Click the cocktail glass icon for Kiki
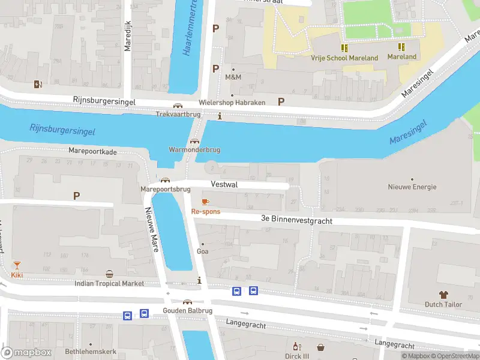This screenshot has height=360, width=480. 17,265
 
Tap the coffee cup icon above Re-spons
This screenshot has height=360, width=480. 205,202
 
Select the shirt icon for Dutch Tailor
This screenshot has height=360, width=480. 443,295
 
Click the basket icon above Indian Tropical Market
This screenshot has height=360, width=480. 109,274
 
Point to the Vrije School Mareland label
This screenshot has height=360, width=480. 344,58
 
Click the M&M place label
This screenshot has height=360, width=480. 233,77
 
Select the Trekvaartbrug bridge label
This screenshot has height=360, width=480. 177,113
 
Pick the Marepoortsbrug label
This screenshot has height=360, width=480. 165,189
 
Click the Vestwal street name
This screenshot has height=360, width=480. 224,185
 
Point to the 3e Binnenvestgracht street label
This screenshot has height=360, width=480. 296,220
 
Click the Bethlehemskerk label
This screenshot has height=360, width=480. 91,352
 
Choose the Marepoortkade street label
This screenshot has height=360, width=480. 92,152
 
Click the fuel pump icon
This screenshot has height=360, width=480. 38,85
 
